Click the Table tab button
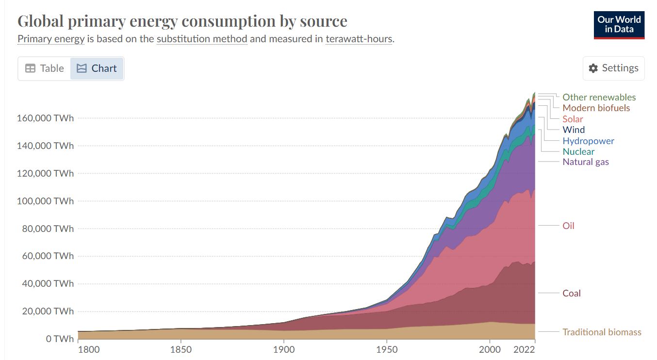coord(45,68)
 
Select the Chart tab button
coord(97,68)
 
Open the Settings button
coord(614,68)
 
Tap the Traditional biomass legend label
coord(602,332)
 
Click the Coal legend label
coord(572,293)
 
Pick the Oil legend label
coord(568,226)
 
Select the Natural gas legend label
coord(585,162)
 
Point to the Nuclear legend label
coord(578,151)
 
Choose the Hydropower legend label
coord(588,141)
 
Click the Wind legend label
coord(574,130)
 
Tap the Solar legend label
coord(573,119)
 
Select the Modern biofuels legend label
coord(596,108)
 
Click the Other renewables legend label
coord(599,97)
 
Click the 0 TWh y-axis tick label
coord(60,339)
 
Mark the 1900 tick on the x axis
coord(283,349)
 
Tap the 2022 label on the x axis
coord(525,349)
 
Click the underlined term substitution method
coord(202,39)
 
